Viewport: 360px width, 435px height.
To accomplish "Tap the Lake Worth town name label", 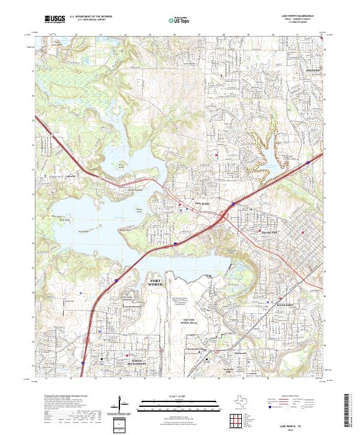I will (202, 203).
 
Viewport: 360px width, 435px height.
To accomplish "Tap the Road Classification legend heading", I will (294, 397).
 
